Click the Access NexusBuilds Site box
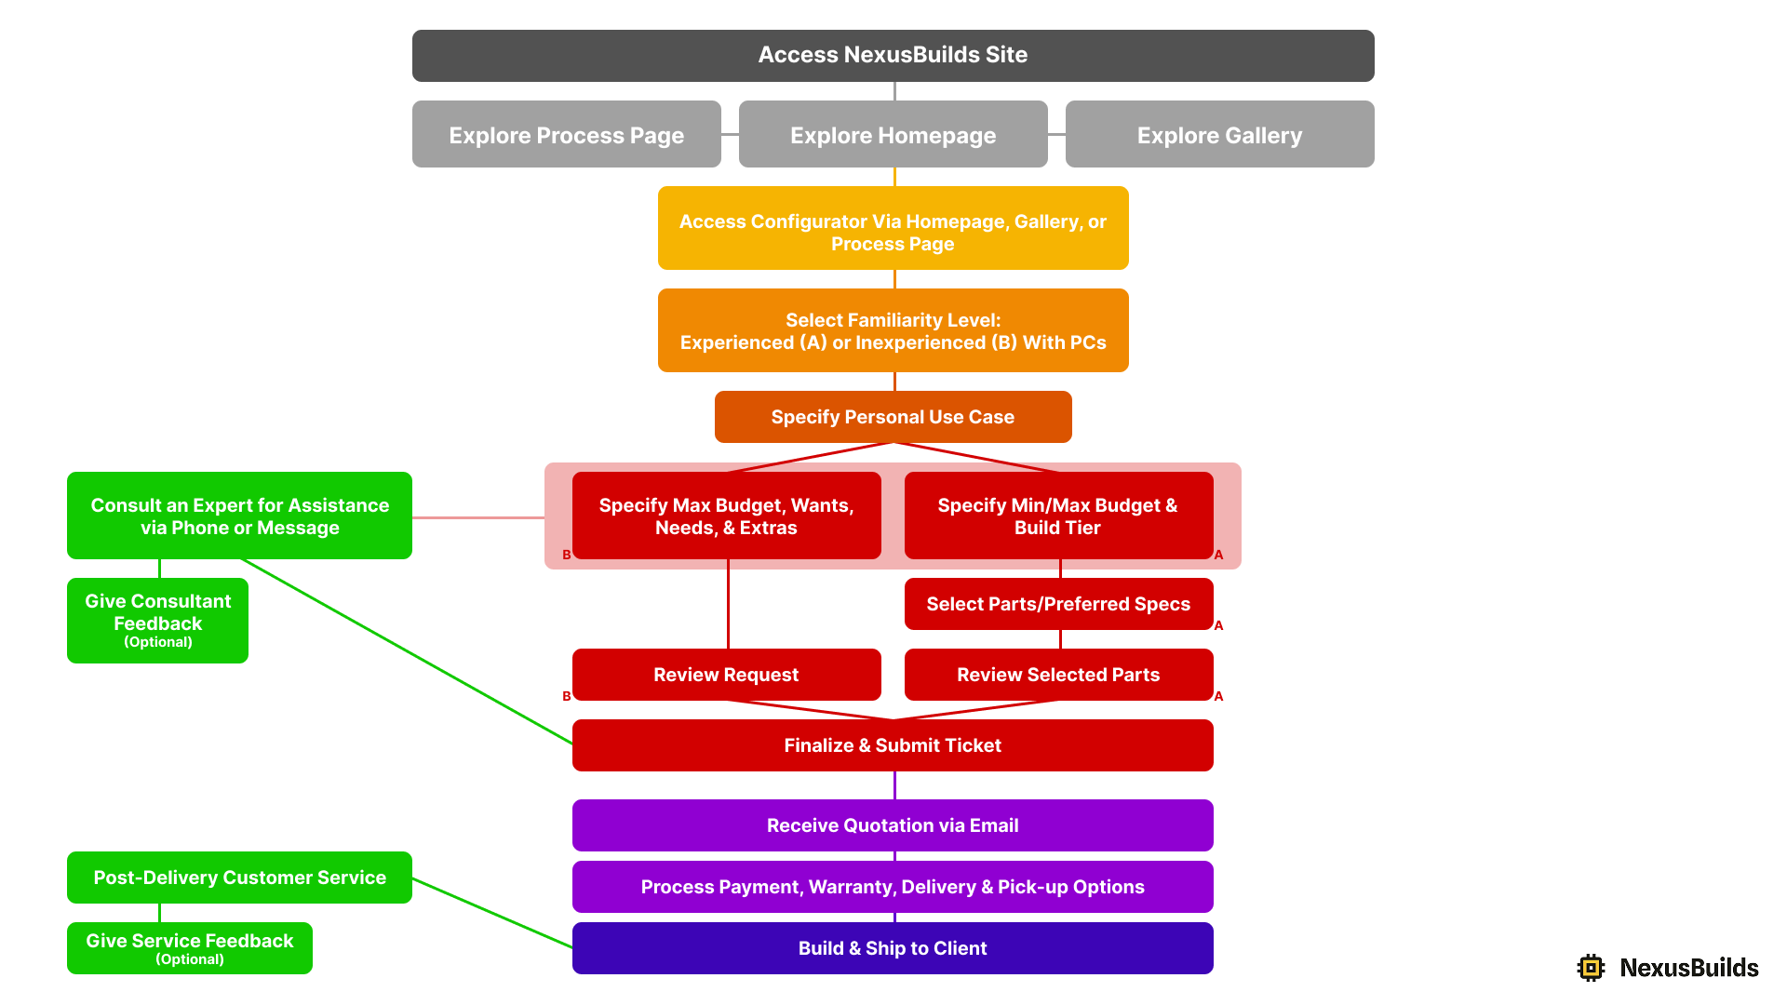click(893, 55)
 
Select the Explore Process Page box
click(566, 135)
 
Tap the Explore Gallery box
click(1219, 135)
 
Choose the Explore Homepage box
click(893, 135)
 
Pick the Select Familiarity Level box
click(893, 330)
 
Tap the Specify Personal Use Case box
click(893, 417)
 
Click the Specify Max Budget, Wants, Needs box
click(726, 516)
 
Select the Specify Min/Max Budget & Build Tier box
click(1058, 516)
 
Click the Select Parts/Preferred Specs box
click(1058, 604)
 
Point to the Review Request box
click(726, 675)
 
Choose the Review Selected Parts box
click(1058, 675)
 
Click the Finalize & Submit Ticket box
click(893, 745)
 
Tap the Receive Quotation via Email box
click(893, 825)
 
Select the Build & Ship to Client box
click(893, 948)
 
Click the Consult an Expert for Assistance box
click(239, 516)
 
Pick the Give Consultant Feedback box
click(157, 621)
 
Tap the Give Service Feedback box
click(189, 948)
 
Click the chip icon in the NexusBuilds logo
click(1592, 968)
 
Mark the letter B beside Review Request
click(566, 696)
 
